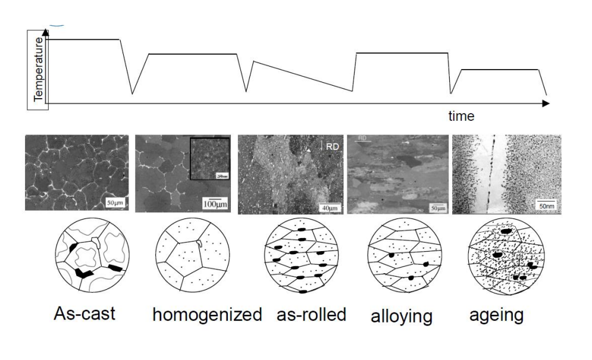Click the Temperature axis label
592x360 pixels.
click(x=39, y=70)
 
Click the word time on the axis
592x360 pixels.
click(x=461, y=116)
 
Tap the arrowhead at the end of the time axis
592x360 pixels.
click(x=546, y=104)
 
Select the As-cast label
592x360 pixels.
click(x=84, y=313)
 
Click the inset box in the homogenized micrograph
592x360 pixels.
click(x=209, y=159)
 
